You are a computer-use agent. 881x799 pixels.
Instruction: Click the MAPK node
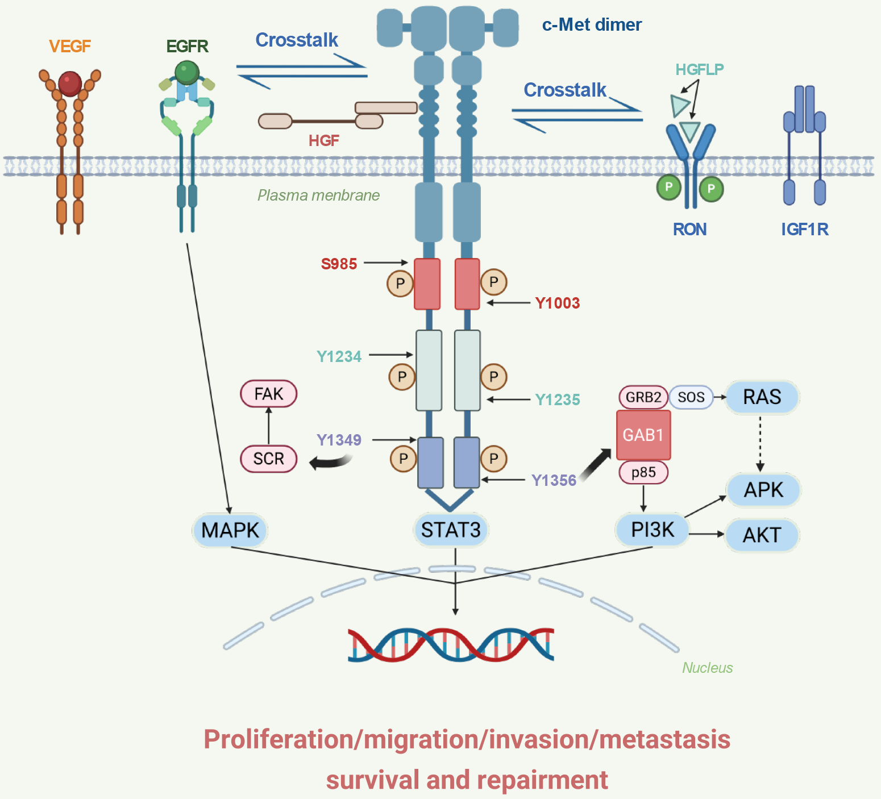point(230,530)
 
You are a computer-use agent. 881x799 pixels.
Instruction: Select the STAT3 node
point(451,530)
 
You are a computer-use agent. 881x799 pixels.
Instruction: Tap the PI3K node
point(652,530)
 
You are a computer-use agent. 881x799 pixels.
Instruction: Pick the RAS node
point(762,397)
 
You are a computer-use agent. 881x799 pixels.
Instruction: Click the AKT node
point(762,535)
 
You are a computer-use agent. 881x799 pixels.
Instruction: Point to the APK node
point(763,489)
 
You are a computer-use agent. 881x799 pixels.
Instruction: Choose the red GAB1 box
point(643,435)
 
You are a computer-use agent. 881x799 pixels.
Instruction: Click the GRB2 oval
point(643,397)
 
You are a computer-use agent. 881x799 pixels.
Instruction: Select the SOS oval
point(691,397)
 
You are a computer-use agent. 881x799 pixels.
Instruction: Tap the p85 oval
point(643,472)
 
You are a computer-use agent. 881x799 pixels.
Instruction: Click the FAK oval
point(269,394)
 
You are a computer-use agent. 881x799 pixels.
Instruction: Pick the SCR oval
point(269,459)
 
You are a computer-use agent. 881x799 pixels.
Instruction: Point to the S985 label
point(339,264)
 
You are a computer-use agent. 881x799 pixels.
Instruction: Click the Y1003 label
point(558,303)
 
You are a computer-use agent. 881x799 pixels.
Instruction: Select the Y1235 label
point(558,399)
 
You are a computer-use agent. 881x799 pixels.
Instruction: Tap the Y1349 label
point(339,440)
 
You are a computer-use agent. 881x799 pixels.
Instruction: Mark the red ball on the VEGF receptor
point(70,83)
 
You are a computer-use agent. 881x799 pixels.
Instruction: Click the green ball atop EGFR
point(187,72)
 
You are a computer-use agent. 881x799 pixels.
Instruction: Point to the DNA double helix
point(451,645)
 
